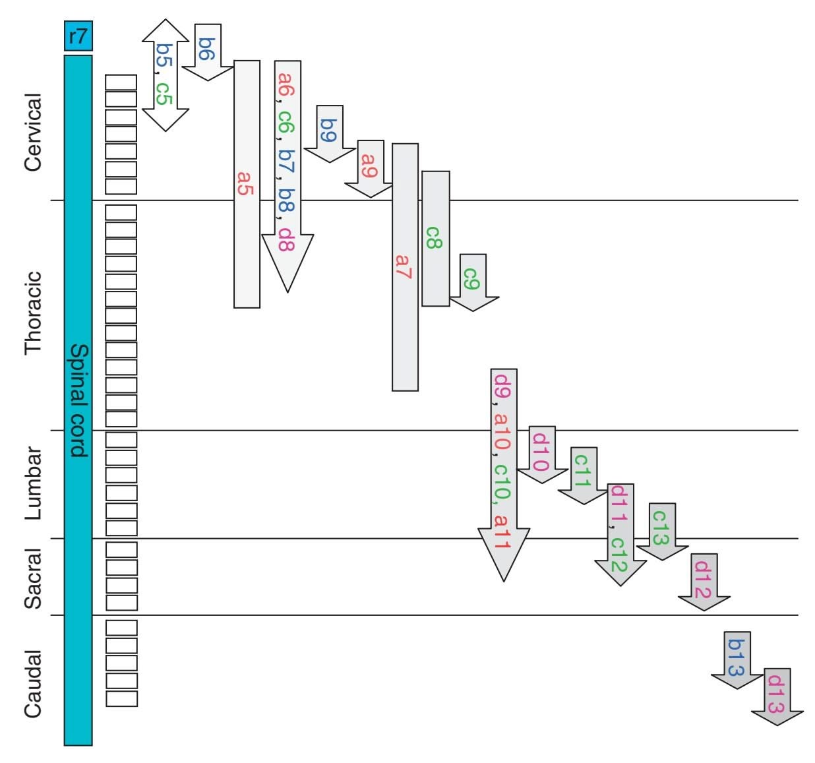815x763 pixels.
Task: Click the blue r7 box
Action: pos(78,36)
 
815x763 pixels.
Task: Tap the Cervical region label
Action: pos(33,132)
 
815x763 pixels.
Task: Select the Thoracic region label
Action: pos(33,313)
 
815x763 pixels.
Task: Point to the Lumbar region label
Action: pos(33,483)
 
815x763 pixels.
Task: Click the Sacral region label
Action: pos(33,578)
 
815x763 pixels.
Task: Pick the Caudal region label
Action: pos(33,683)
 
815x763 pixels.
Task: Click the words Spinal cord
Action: pos(79,400)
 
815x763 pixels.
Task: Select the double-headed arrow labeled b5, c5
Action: pos(165,75)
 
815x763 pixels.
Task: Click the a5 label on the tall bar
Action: pos(246,183)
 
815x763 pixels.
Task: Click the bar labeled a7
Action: pos(404,266)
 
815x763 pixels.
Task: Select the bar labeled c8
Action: pos(435,238)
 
